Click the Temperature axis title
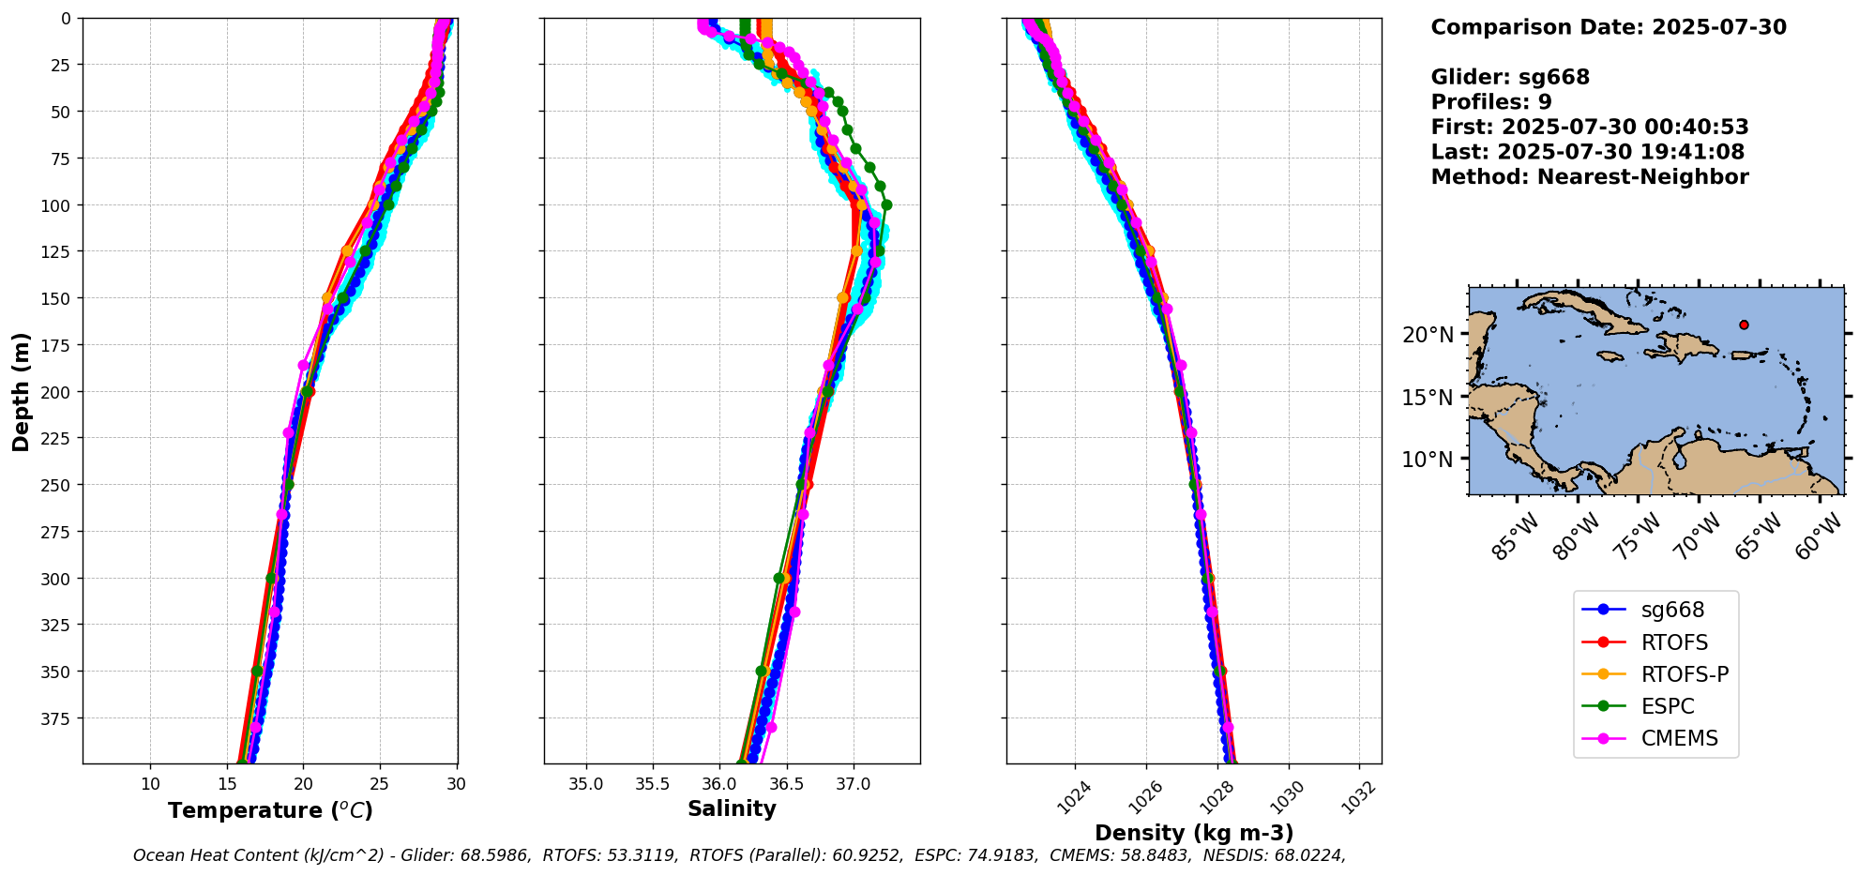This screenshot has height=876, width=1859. (270, 810)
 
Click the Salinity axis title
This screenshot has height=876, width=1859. (732, 808)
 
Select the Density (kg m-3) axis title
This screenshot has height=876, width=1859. (1194, 833)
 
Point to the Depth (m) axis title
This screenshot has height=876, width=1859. (21, 391)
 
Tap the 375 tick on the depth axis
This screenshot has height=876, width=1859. (58, 718)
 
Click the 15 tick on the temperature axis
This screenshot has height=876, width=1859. (227, 784)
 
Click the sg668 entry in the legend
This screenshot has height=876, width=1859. (1672, 610)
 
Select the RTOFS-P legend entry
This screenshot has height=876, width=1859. (1685, 674)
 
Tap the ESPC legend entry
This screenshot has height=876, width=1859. (1668, 706)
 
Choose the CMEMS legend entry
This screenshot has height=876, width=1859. (1679, 738)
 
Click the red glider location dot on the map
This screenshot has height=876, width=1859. (1744, 325)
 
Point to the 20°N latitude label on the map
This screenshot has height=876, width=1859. (1428, 335)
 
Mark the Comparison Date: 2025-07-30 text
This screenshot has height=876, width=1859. (1609, 27)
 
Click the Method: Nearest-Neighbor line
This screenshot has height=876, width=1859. (1590, 177)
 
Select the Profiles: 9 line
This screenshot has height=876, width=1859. (1491, 102)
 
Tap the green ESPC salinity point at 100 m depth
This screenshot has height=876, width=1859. (886, 204)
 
